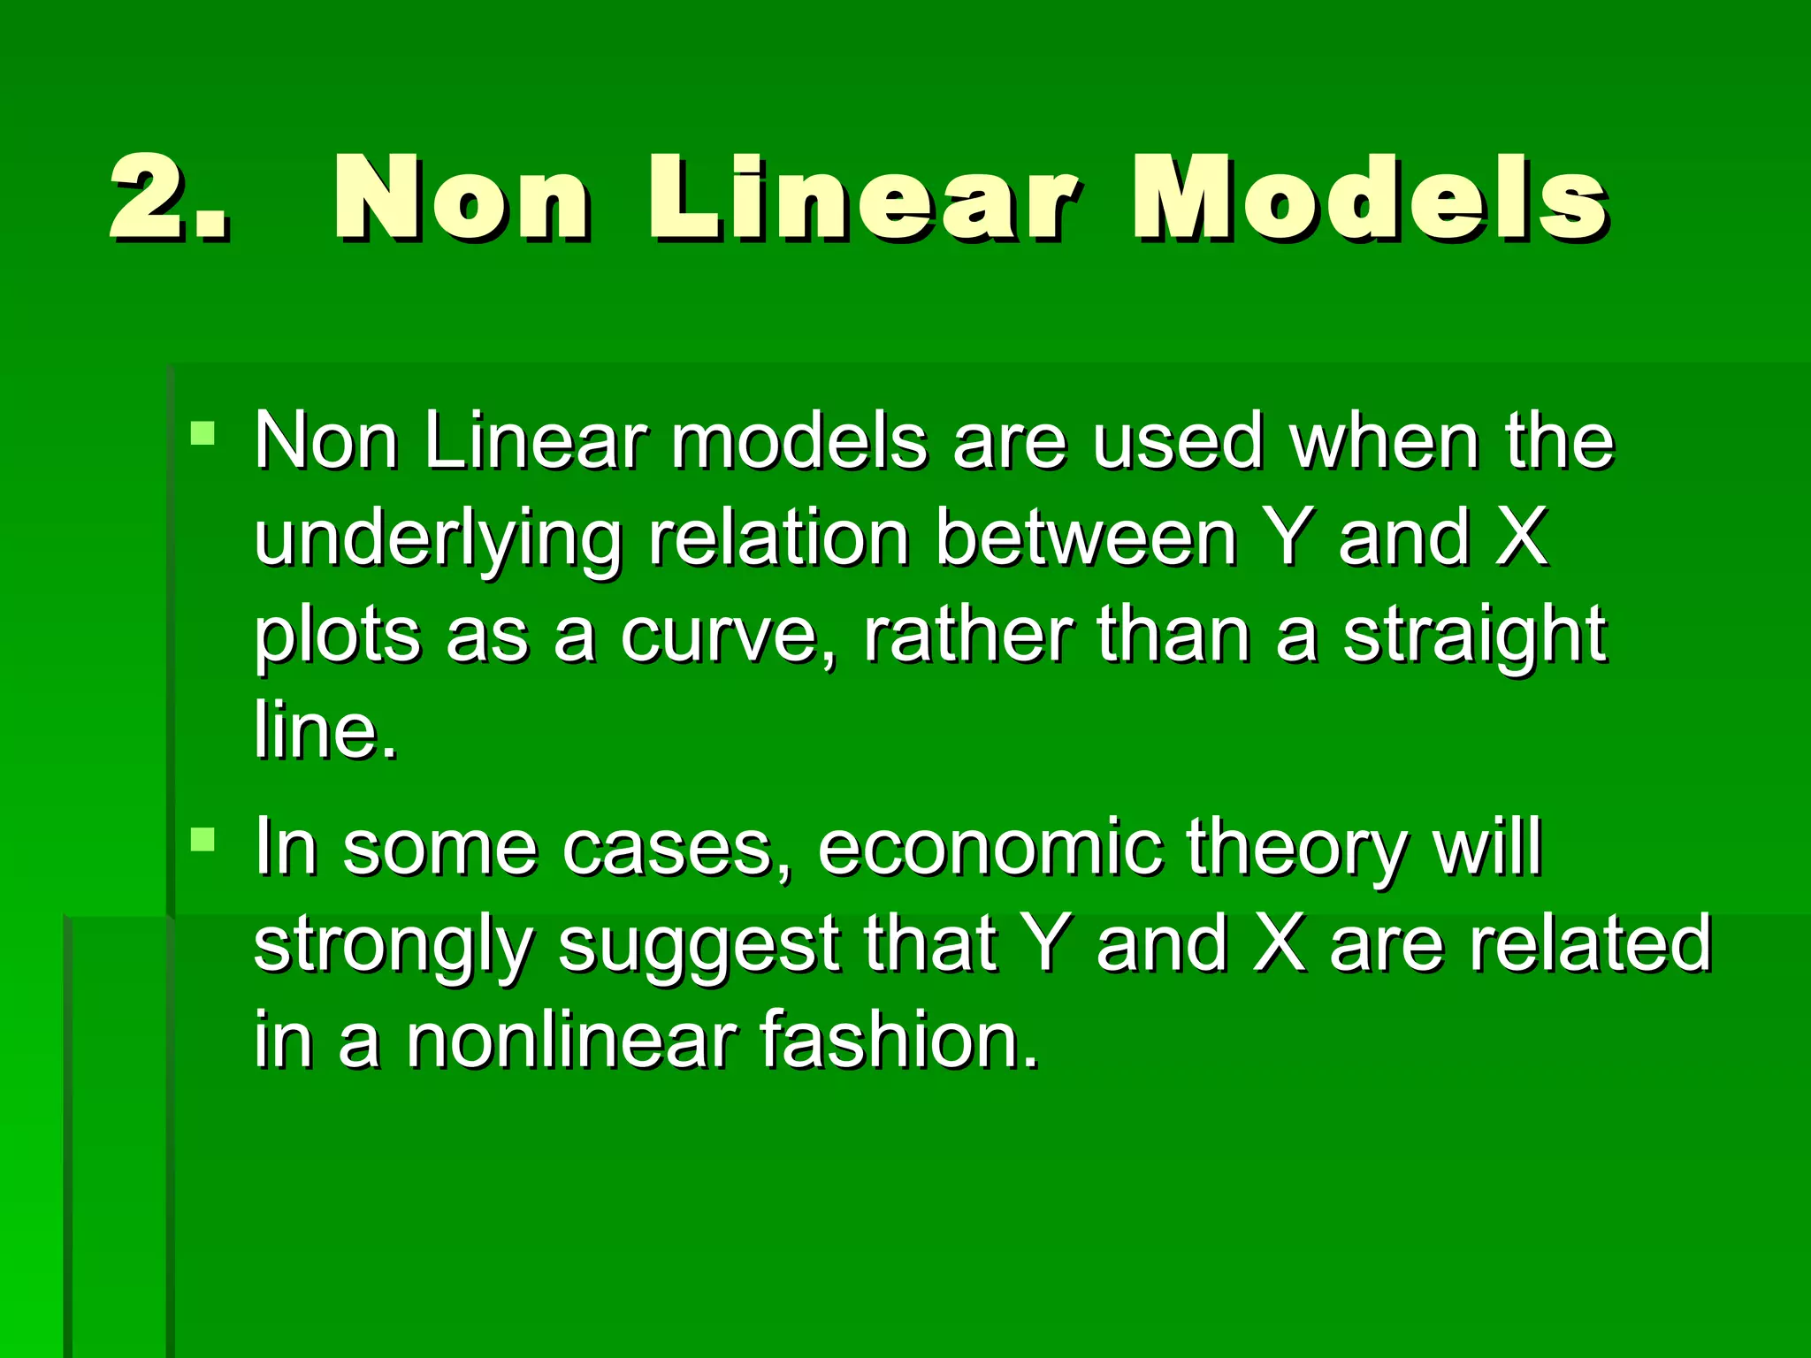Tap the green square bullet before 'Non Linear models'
coord(202,432)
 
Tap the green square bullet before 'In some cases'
coord(202,838)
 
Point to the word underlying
coord(438,539)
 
